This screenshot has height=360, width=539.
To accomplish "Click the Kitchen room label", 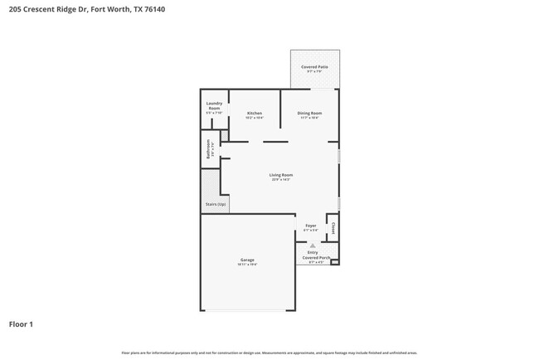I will click(255, 113).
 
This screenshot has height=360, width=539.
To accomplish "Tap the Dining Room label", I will click(309, 113).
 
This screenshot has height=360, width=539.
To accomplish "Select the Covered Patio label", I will click(314, 66).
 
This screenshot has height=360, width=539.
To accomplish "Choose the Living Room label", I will click(281, 175).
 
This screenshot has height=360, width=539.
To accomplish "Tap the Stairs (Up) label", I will click(216, 204).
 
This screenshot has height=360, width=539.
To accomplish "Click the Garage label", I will click(247, 260).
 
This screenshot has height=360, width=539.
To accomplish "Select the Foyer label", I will click(311, 225).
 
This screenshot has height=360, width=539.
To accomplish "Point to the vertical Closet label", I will click(333, 226).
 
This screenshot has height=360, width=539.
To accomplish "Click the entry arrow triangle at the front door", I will click(313, 246).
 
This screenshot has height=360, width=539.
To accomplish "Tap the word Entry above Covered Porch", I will click(313, 252).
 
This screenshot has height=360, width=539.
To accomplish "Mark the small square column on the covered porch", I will click(335, 262).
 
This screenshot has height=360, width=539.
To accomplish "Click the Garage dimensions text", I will click(247, 265).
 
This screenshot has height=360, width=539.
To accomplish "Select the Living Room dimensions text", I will click(281, 180).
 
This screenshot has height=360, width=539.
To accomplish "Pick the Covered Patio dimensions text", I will click(314, 71).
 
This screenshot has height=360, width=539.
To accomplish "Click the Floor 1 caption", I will click(21, 324).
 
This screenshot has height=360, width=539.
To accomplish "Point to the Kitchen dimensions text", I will click(255, 118).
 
